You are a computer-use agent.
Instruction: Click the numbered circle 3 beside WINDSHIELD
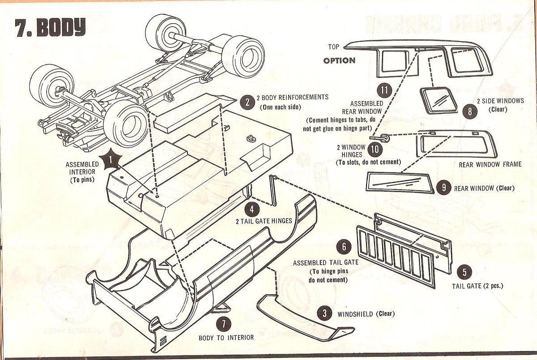click(324, 313)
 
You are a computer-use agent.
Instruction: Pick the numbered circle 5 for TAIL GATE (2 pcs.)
click(465, 272)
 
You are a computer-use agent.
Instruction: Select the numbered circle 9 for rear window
click(443, 187)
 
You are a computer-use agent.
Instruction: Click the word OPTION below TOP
click(339, 60)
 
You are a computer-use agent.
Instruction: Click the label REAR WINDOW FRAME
click(490, 164)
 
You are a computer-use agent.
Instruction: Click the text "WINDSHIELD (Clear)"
click(366, 313)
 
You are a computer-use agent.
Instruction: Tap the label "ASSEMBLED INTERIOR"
click(82, 168)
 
